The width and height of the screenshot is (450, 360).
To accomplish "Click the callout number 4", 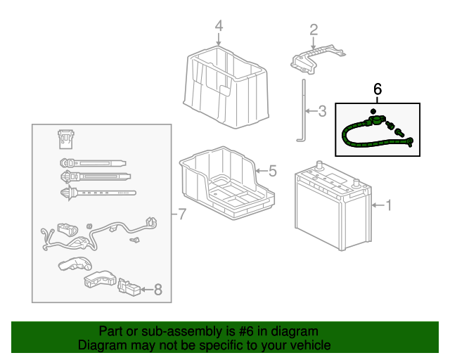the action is coord(219,26).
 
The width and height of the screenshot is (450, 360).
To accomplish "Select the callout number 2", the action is coord(314,30).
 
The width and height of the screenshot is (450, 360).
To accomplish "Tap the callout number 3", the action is coord(322,111).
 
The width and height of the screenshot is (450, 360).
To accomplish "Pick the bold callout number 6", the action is coord(378,89).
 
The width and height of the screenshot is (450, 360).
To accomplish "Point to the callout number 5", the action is coord(273,171).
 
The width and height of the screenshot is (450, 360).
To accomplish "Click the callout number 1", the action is coord(389,205).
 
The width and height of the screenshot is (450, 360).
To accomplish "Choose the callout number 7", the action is coord(182,214).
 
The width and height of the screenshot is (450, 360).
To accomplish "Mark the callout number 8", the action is coord(158,290).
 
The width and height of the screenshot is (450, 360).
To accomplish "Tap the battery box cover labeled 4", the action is coord(226,87).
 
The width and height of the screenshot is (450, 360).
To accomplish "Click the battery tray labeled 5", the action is coord(226,183).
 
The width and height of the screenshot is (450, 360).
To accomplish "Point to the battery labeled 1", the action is coord(333,206).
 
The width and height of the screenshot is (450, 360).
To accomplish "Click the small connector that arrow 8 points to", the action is coord(129,287).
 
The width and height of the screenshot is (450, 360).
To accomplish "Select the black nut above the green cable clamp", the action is coord(373,111).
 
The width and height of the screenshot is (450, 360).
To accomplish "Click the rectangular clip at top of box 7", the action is coord(66,139).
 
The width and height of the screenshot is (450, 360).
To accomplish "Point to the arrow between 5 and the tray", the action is coord(261,171).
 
